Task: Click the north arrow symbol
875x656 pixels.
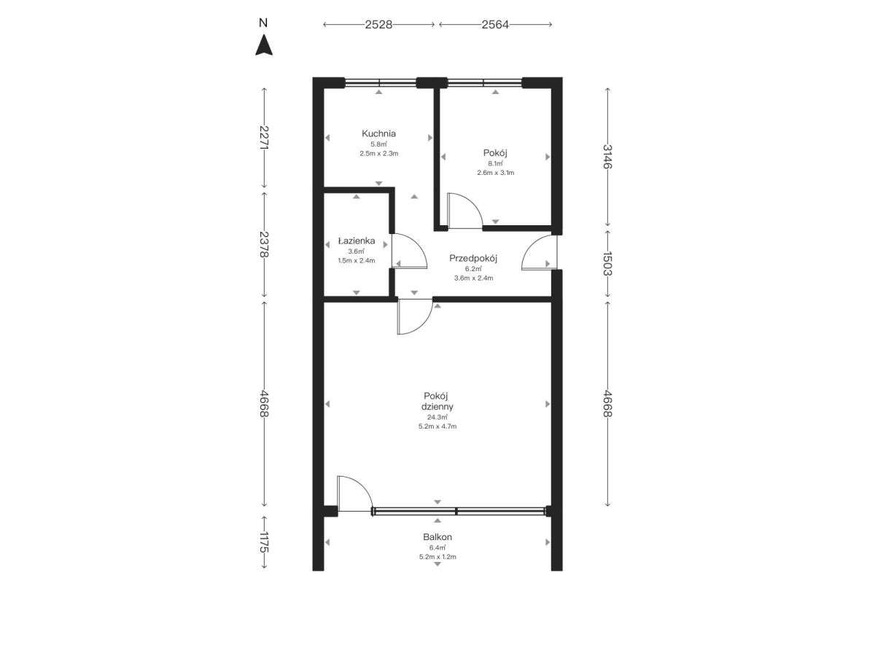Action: (x=264, y=45)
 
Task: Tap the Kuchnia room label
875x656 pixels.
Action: (x=378, y=133)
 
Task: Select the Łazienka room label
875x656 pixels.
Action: (x=357, y=241)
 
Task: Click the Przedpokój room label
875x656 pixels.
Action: (x=473, y=258)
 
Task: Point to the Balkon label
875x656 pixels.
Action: (x=437, y=537)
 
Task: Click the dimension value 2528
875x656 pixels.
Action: (x=378, y=25)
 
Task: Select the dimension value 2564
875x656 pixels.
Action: (x=495, y=25)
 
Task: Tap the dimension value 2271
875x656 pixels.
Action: (x=264, y=138)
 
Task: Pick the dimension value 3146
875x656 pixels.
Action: (x=607, y=157)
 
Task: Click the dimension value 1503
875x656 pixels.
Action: (x=607, y=263)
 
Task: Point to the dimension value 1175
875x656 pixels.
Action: (x=264, y=542)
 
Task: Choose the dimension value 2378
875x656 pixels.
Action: (x=264, y=244)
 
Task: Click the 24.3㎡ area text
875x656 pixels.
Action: (x=437, y=418)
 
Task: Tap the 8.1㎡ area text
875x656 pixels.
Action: (x=495, y=163)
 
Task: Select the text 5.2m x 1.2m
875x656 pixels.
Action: (x=437, y=557)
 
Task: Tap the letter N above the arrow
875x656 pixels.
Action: (x=263, y=23)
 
